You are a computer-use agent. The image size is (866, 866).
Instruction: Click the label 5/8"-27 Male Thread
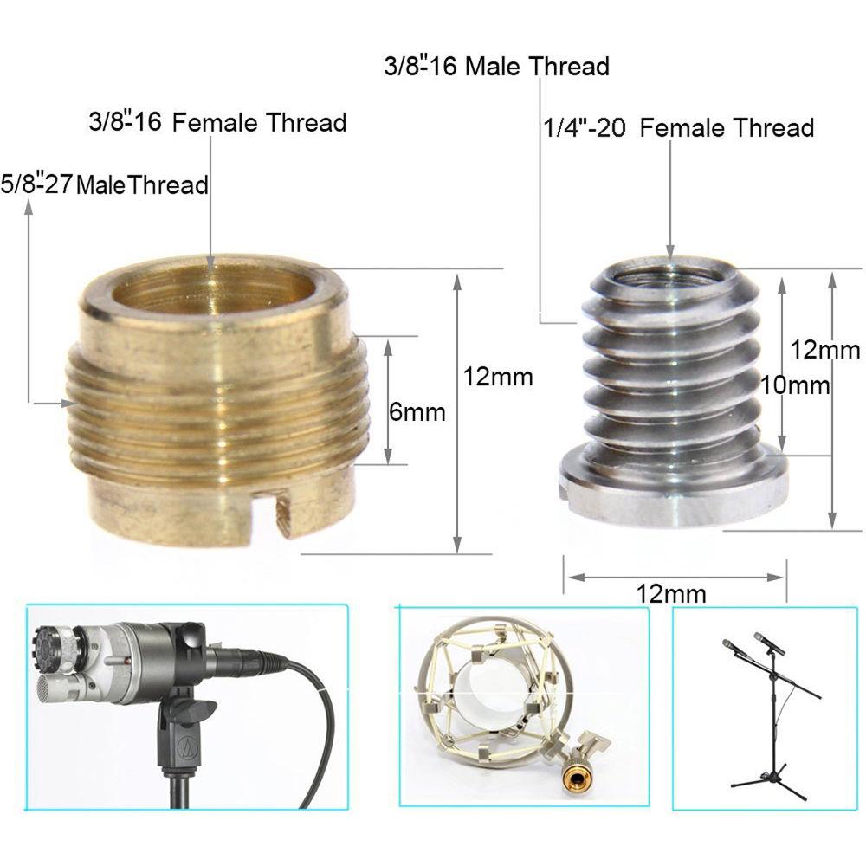105,184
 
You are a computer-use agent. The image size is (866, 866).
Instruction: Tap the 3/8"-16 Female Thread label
217,122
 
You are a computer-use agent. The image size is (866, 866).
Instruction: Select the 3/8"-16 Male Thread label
496,67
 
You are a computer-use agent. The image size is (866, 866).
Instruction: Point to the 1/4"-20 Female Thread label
678,128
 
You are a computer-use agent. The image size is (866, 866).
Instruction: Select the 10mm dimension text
795,385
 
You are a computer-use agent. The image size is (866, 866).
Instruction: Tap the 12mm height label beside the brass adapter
498,377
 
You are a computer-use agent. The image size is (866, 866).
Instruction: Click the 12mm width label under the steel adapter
670,594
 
